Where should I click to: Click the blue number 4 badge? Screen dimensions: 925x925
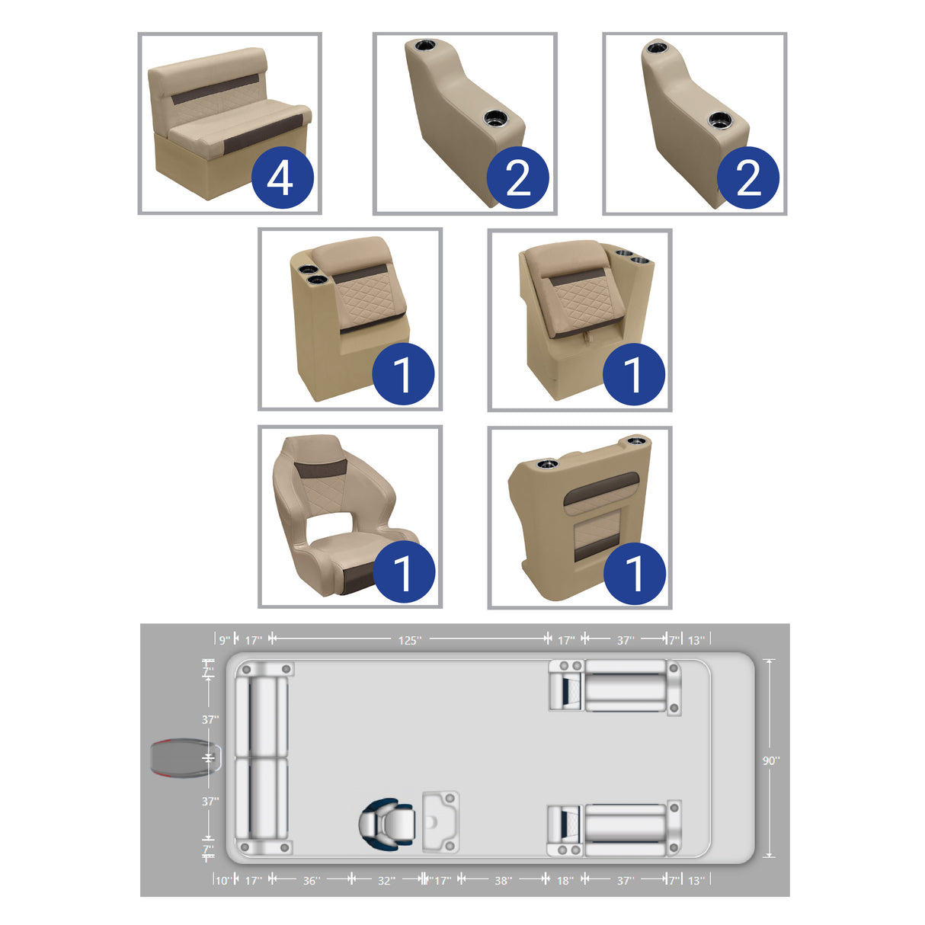(x=280, y=178)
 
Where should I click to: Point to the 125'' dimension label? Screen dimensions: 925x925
(x=409, y=640)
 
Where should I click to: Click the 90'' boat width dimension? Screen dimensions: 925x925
(x=771, y=760)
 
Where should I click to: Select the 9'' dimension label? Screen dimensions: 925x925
(x=225, y=640)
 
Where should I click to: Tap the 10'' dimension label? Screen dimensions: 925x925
(x=222, y=880)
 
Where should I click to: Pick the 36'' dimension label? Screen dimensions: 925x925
(x=311, y=880)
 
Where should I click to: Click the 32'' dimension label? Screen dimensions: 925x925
(x=386, y=880)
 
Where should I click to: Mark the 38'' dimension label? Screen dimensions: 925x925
(x=503, y=880)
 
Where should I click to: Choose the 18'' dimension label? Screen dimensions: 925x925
(x=565, y=880)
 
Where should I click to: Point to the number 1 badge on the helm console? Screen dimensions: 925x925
(x=633, y=573)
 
